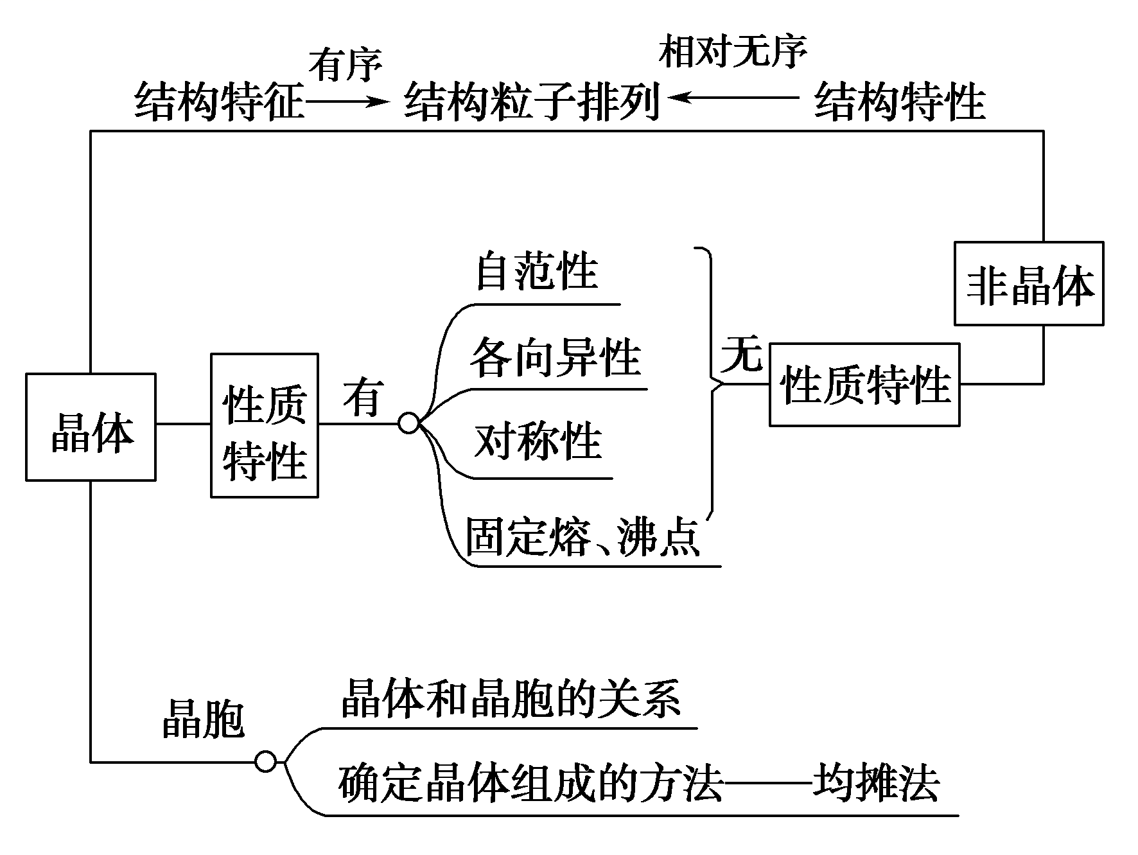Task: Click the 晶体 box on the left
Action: [x=91, y=427]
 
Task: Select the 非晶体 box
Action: [x=1028, y=283]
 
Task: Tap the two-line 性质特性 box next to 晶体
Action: [x=265, y=425]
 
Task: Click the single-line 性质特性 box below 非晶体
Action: [x=864, y=385]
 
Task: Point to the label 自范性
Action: [x=537, y=272]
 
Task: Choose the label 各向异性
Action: [x=556, y=358]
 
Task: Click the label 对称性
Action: [x=538, y=442]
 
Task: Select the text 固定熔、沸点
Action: [x=582, y=537]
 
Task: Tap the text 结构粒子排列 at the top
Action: [x=532, y=101]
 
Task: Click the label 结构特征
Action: [x=218, y=101]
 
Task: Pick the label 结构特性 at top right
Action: [x=899, y=101]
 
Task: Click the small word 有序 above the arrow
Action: [x=346, y=64]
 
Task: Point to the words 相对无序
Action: [x=733, y=51]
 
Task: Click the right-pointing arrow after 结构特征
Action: [x=347, y=101]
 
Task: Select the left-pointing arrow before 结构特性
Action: [x=732, y=98]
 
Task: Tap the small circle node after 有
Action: [x=409, y=424]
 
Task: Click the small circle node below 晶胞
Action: [x=265, y=762]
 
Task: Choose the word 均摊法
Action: [x=876, y=782]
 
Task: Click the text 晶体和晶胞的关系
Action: [x=511, y=699]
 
